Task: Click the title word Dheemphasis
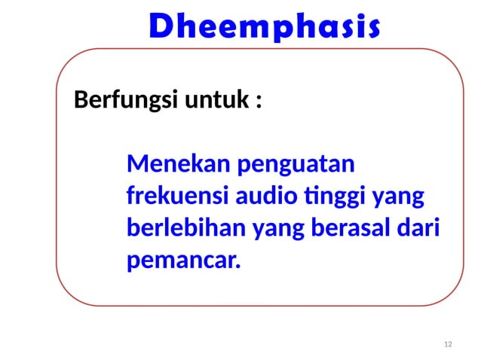point(264,27)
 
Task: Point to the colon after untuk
point(259,102)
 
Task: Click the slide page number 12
point(449,344)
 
